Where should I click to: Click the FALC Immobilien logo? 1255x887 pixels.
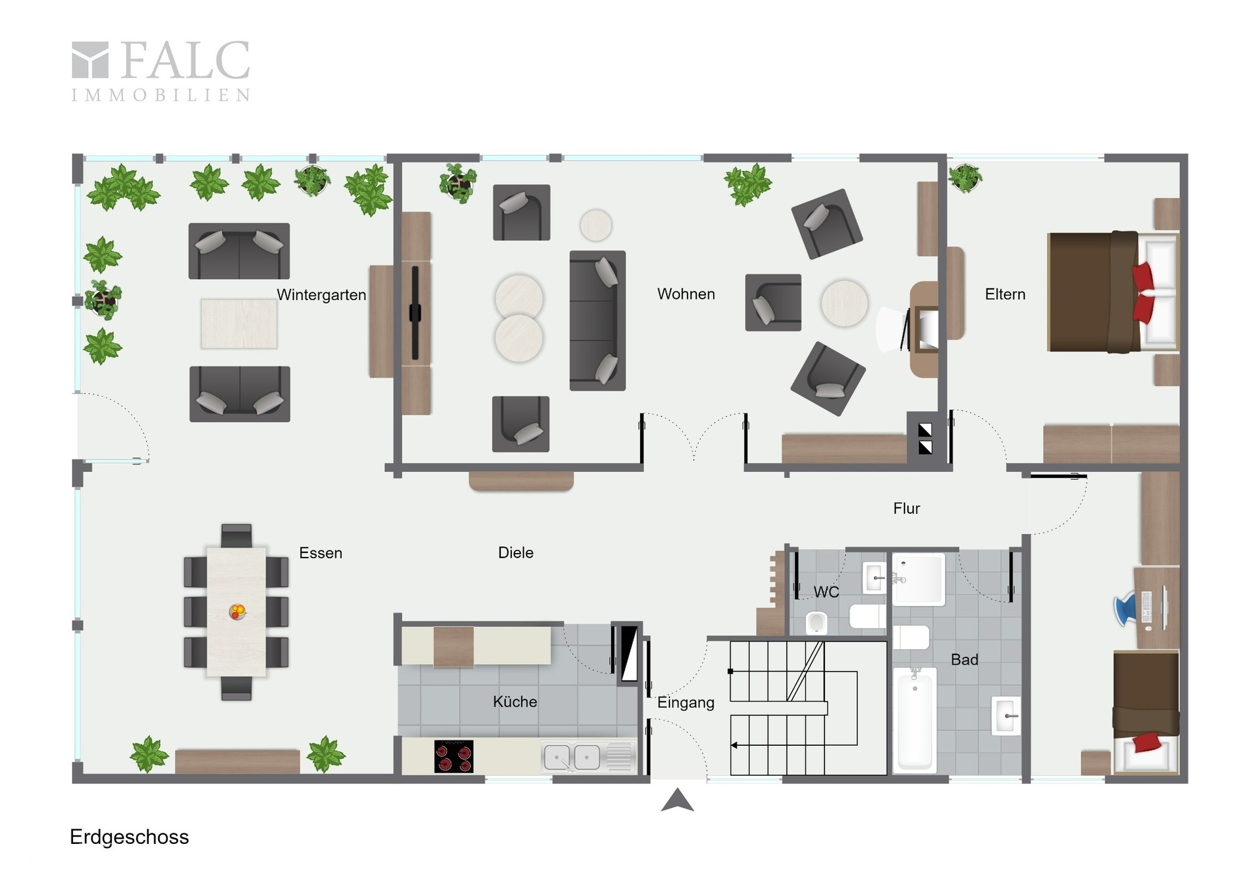tap(161, 71)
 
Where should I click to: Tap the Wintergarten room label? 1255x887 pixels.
tap(321, 295)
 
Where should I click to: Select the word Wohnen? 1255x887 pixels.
tap(686, 294)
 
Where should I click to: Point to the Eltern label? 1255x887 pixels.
tap(1005, 294)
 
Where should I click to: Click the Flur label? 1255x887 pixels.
tap(907, 509)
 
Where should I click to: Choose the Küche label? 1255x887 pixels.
tap(515, 701)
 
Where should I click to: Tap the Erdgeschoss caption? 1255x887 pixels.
tap(129, 837)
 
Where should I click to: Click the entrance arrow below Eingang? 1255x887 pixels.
tap(677, 800)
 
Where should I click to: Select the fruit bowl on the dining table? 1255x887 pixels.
tap(237, 612)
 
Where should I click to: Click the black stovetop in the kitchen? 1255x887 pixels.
tap(454, 756)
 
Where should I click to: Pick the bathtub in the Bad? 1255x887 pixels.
tap(914, 720)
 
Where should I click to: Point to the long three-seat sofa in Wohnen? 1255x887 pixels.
tap(597, 320)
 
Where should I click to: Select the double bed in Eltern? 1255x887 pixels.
tap(1113, 292)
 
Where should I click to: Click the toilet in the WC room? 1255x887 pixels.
tap(816, 622)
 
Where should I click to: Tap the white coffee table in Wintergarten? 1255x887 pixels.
tap(239, 324)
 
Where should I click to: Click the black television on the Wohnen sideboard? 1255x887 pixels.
tap(415, 312)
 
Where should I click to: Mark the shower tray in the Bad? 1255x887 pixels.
tap(918, 579)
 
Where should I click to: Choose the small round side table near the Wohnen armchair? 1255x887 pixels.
tap(595, 226)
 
